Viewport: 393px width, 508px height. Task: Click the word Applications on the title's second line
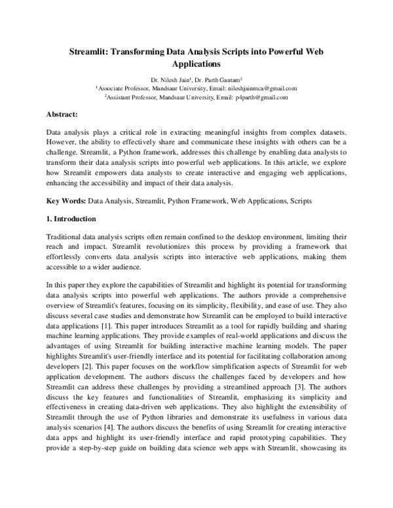pos(196,64)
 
